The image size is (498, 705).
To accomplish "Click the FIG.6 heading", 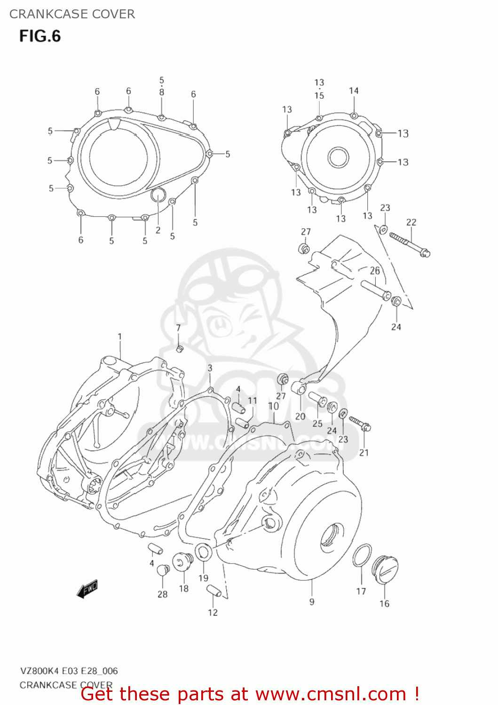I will coord(40,36).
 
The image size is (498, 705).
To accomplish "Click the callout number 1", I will coord(119,337).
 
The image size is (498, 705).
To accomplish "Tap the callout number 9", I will coord(312,602).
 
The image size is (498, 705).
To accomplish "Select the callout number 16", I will coord(384,603).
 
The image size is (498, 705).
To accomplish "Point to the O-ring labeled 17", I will coord(362,555).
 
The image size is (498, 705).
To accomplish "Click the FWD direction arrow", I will coord(87,588).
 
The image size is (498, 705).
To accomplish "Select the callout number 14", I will coord(354,91).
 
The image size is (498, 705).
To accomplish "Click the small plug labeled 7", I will coord(179,349).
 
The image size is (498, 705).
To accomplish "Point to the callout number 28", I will coord(162,594).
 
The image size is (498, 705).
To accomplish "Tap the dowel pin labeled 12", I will coord(213,591).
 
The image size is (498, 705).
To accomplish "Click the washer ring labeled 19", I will coord(203,553).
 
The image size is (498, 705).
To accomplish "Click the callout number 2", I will coord(158,230).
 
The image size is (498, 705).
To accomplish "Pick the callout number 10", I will coord(273,406).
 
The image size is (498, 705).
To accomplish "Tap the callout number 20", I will coord(300,416).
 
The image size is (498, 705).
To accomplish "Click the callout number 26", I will coord(375,271).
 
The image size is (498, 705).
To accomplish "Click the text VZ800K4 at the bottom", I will coord(42,671).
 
